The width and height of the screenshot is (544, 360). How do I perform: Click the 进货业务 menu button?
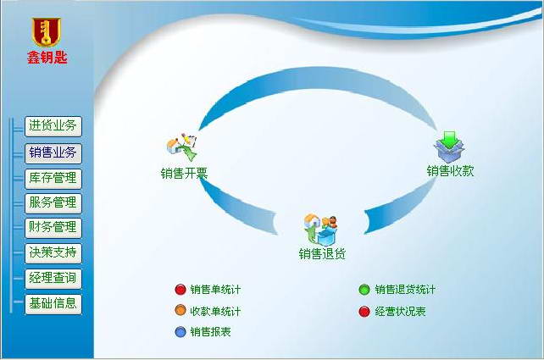53,127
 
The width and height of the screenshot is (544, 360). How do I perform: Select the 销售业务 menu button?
53,153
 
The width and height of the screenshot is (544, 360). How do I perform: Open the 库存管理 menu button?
53,179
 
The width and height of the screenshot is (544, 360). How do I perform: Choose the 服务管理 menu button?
53,203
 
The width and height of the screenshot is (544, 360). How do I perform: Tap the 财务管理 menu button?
53,228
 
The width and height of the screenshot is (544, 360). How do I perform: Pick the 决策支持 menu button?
53,252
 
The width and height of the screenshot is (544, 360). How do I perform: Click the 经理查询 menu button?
53,279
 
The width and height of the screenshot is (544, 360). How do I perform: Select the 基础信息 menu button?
53,303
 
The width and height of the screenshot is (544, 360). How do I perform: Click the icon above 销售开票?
182,147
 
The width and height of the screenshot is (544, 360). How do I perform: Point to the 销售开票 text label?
184,174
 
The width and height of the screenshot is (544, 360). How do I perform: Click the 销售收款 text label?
450,171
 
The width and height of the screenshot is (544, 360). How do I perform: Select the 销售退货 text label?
322,253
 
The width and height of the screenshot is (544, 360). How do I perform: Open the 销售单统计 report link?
215,290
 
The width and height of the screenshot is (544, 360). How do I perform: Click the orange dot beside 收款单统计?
180,311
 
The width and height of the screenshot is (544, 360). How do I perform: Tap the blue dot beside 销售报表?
180,332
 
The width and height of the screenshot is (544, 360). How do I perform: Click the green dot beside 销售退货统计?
364,290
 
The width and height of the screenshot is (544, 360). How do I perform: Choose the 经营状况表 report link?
400,311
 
